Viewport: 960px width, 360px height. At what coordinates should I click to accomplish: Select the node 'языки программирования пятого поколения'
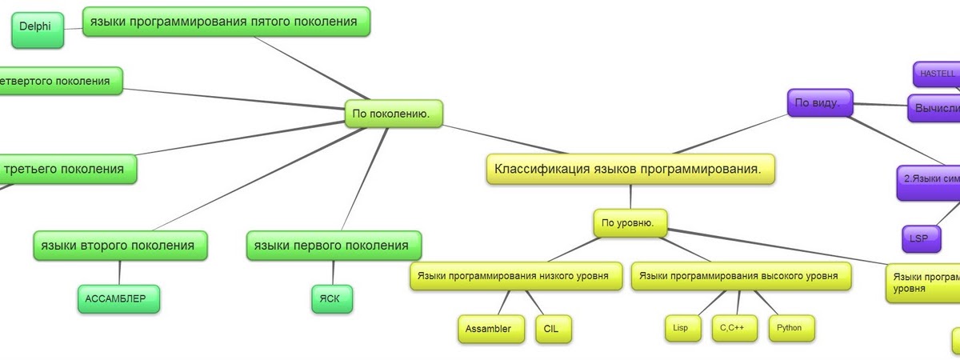click(x=226, y=22)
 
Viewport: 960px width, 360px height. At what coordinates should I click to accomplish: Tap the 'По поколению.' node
click(x=392, y=114)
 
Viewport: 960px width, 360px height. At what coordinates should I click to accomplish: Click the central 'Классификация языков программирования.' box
click(x=630, y=169)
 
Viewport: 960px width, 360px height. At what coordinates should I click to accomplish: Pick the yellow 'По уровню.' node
click(x=630, y=223)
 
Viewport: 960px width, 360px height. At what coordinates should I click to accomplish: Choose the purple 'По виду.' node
click(x=819, y=102)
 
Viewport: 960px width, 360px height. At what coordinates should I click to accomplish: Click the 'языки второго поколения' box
click(x=120, y=245)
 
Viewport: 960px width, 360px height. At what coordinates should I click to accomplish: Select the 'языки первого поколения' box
click(x=333, y=245)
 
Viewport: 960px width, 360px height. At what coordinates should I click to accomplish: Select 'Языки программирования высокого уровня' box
click(x=740, y=277)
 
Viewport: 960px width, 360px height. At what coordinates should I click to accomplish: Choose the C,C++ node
click(x=734, y=327)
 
